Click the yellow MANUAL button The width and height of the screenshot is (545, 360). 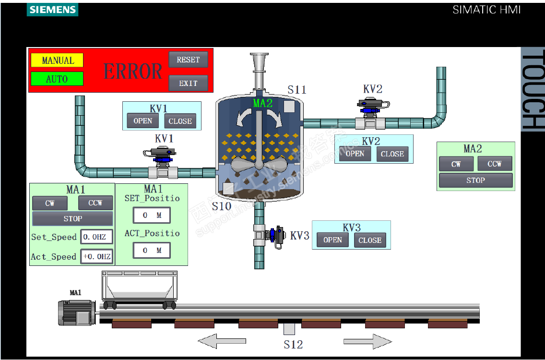[57, 60]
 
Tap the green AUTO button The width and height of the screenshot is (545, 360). [57, 79]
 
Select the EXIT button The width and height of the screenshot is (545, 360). [188, 83]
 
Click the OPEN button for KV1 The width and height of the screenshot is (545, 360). [142, 121]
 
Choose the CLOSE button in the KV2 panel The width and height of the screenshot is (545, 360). [392, 154]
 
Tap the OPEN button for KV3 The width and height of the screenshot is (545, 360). [332, 240]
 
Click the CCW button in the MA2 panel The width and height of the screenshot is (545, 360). [495, 164]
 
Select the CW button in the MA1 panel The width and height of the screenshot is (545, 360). [50, 203]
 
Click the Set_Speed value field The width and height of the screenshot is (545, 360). [97, 237]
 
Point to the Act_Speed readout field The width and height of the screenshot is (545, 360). [97, 256]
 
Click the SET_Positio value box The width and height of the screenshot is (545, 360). [152, 216]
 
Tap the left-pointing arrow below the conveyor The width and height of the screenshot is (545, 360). [222, 341]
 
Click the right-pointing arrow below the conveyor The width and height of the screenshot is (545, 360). [367, 341]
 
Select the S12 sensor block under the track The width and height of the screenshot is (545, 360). [289, 329]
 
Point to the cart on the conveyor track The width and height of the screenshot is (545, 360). [139, 289]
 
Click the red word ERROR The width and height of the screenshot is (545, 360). [133, 72]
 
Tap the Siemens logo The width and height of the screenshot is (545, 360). [52, 10]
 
